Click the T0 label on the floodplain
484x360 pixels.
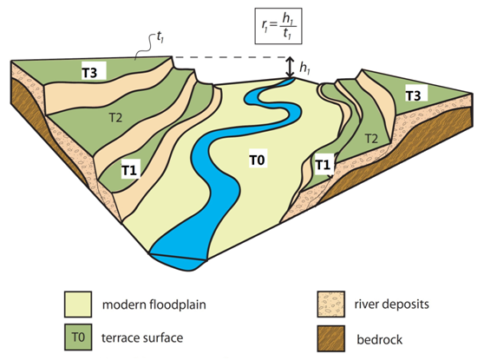(x=257, y=160)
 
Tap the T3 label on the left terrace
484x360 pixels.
(x=89, y=73)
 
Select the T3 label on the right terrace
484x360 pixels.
(x=413, y=95)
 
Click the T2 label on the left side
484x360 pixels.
(x=115, y=118)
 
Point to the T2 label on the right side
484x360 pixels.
(x=371, y=139)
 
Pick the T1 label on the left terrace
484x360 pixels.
(x=129, y=170)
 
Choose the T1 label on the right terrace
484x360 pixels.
(x=323, y=165)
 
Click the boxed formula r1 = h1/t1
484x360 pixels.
(x=278, y=26)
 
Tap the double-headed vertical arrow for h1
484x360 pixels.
(x=289, y=67)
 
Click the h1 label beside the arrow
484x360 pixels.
(x=304, y=68)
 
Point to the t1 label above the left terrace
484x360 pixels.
(x=160, y=37)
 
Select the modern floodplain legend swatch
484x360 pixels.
(x=78, y=304)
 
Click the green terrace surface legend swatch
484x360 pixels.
(x=78, y=337)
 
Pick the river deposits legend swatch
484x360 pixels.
(x=330, y=304)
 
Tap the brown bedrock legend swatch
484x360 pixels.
(x=330, y=338)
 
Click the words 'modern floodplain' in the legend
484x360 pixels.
(x=154, y=305)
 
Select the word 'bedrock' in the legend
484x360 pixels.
(x=379, y=340)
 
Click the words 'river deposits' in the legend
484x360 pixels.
(x=392, y=304)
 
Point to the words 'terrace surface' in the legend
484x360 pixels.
(x=142, y=337)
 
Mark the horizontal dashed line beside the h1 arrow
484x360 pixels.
(x=230, y=57)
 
